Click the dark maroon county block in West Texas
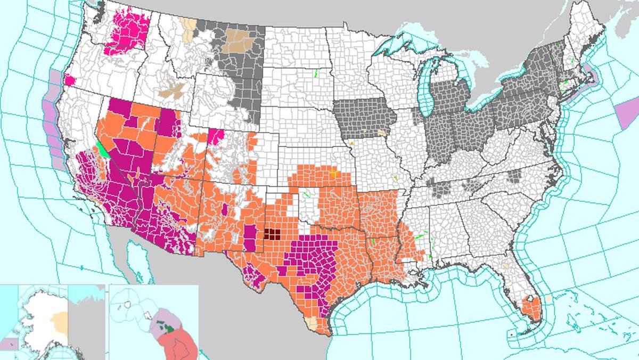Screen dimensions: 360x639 (273, 234)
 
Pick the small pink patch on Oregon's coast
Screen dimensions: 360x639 (69, 81)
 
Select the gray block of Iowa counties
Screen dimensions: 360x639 (363, 119)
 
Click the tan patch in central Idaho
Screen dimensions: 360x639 (173, 91)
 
